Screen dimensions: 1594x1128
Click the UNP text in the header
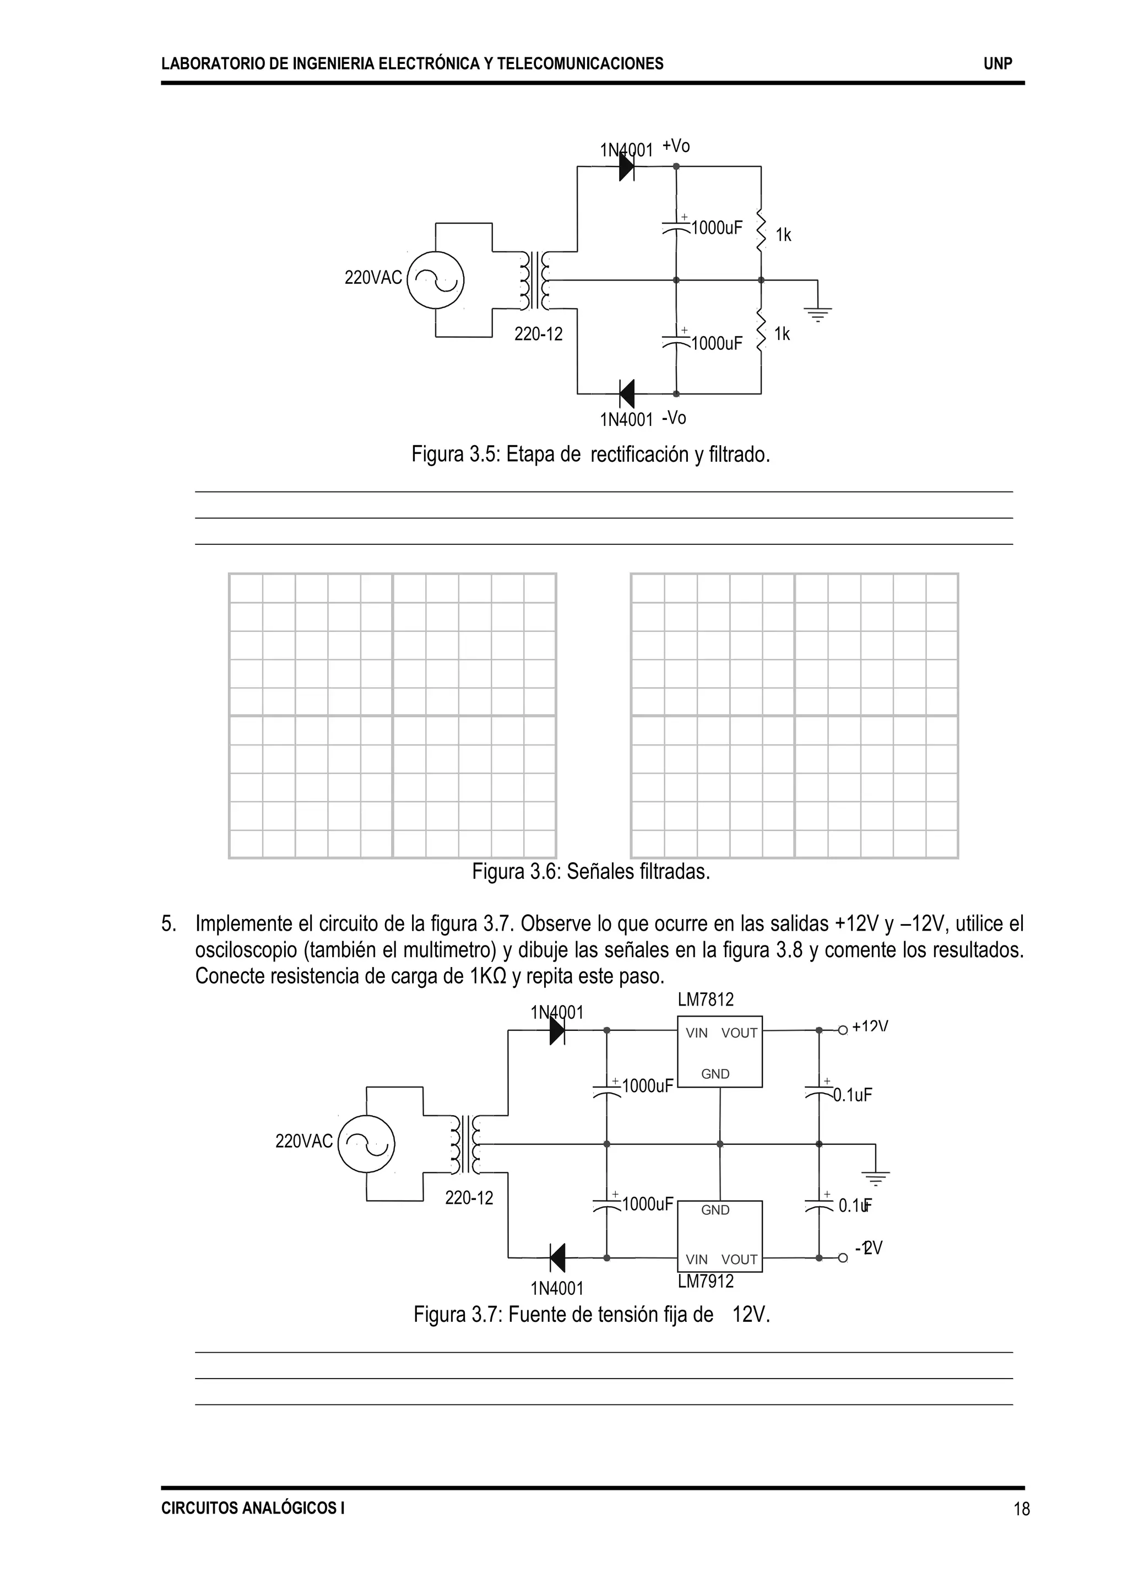(x=997, y=64)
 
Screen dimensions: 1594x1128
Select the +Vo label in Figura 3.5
(x=676, y=146)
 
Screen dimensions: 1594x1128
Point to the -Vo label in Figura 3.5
(x=674, y=418)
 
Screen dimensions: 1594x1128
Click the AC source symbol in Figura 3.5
(x=436, y=280)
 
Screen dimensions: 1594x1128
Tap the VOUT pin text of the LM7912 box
(x=739, y=1259)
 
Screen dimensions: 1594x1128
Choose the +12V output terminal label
(x=870, y=1026)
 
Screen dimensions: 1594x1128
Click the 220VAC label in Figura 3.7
(x=303, y=1141)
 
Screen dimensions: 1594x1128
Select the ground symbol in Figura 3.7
(x=875, y=1176)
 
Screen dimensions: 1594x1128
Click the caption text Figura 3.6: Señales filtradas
(x=590, y=871)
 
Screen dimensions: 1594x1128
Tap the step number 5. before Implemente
(x=169, y=924)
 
